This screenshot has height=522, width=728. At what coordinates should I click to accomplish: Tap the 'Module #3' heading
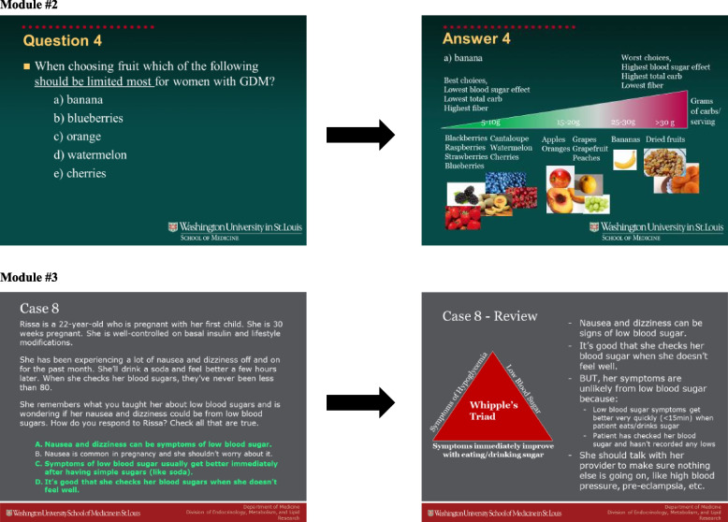tap(31, 278)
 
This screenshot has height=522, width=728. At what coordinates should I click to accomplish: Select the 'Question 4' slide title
tap(63, 41)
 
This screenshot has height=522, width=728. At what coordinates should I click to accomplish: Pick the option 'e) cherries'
tap(80, 173)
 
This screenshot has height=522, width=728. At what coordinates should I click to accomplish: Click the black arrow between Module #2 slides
tap(360, 136)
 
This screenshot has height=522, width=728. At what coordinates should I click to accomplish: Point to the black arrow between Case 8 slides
tap(360, 404)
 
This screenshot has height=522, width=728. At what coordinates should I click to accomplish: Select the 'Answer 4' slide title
tap(476, 39)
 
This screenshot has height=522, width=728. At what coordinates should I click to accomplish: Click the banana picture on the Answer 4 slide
tap(624, 161)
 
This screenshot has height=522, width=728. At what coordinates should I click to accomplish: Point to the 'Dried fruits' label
tap(665, 139)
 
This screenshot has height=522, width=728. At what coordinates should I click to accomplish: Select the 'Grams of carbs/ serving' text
tap(702, 111)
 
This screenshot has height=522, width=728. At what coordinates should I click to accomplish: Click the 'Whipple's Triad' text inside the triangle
tap(492, 411)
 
